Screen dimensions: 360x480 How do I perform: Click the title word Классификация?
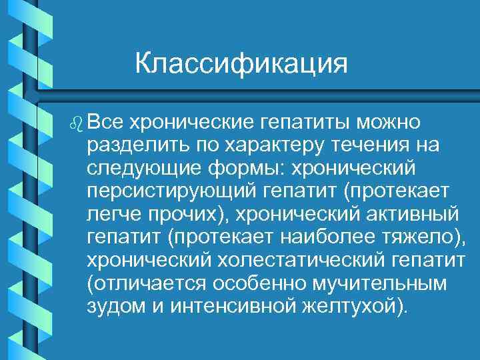241,65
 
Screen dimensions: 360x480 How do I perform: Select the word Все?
105,122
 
